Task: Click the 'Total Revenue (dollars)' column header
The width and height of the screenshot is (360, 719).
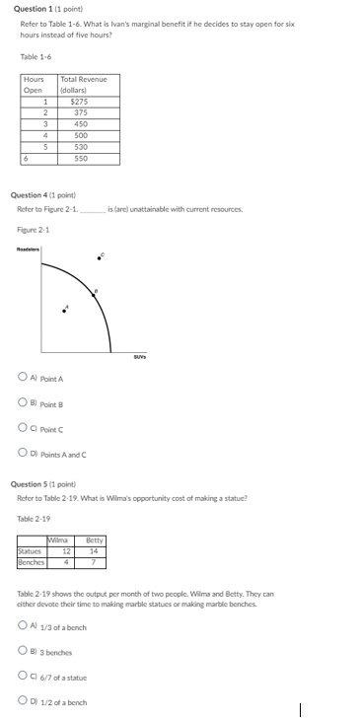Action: (x=83, y=84)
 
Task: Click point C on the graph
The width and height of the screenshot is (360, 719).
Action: (x=100, y=256)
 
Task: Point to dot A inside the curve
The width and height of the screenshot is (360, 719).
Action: (x=66, y=312)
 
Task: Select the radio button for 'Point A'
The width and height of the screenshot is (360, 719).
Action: (x=22, y=378)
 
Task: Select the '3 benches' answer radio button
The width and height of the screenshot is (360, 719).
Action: (x=22, y=652)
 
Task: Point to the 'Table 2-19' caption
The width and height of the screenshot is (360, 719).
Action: (x=34, y=519)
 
